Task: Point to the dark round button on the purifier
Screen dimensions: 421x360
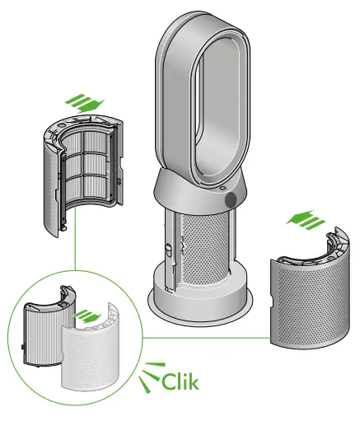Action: pyautogui.click(x=230, y=200)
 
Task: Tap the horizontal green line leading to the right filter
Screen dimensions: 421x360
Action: pyautogui.click(x=206, y=336)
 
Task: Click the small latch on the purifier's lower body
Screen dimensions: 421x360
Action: pyautogui.click(x=167, y=248)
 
